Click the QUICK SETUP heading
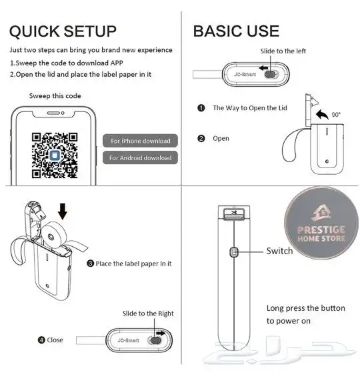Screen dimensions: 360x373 (63, 31)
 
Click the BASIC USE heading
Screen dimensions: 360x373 (236, 31)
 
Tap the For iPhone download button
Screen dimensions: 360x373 (140, 141)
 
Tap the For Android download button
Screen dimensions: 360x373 (140, 157)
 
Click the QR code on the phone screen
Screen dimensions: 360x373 (55, 155)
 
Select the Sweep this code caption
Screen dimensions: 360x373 (55, 96)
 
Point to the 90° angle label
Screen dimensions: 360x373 (336, 115)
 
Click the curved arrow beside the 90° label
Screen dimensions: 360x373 (322, 114)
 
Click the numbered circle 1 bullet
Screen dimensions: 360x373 (201, 108)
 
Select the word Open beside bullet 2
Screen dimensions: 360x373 (221, 138)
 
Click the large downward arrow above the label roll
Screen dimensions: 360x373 (63, 212)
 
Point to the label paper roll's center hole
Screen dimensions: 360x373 (51, 237)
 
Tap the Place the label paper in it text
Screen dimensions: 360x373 (133, 264)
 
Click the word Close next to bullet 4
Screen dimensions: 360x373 (55, 340)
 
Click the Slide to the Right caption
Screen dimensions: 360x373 (148, 314)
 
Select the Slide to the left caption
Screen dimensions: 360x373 (283, 51)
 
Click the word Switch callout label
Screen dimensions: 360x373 (279, 251)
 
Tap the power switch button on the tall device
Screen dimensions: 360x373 (234, 252)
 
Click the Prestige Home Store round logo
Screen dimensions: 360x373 (321, 223)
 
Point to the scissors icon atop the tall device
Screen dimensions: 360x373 (234, 212)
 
